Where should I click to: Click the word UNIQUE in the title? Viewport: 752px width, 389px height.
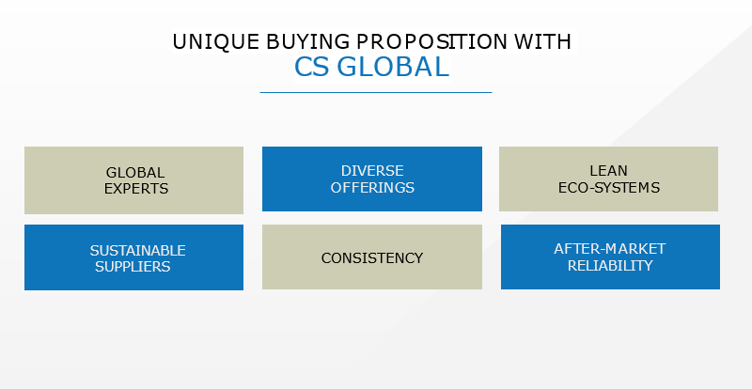[x=216, y=42]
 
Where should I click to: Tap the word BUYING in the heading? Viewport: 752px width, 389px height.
[x=308, y=41]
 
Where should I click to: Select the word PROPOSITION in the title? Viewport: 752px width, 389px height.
[x=431, y=41]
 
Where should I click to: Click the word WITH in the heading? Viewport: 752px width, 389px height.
[x=542, y=41]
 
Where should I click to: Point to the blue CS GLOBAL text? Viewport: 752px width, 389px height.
[x=371, y=67]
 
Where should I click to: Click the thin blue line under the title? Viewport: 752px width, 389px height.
[x=376, y=92]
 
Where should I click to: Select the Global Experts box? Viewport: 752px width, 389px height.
[x=133, y=180]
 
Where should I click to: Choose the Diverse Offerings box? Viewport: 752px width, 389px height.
[x=372, y=179]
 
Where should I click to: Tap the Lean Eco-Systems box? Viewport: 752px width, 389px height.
[x=608, y=179]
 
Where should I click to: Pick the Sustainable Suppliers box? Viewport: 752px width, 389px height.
[x=133, y=257]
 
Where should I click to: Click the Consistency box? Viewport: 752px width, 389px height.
[x=372, y=257]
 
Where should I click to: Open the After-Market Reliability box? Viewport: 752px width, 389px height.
[x=610, y=257]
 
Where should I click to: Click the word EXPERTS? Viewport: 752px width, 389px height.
[x=136, y=189]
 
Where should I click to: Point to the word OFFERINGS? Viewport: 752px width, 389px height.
[x=372, y=187]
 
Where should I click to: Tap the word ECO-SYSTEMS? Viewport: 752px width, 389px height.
[x=608, y=187]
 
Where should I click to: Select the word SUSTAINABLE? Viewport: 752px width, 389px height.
[x=137, y=250]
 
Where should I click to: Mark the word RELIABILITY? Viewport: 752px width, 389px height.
[x=610, y=265]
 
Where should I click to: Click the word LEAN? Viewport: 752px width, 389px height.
[x=608, y=171]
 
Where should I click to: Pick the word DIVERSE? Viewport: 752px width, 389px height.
[x=372, y=171]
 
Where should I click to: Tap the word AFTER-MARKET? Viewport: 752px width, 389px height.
[x=609, y=248]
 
